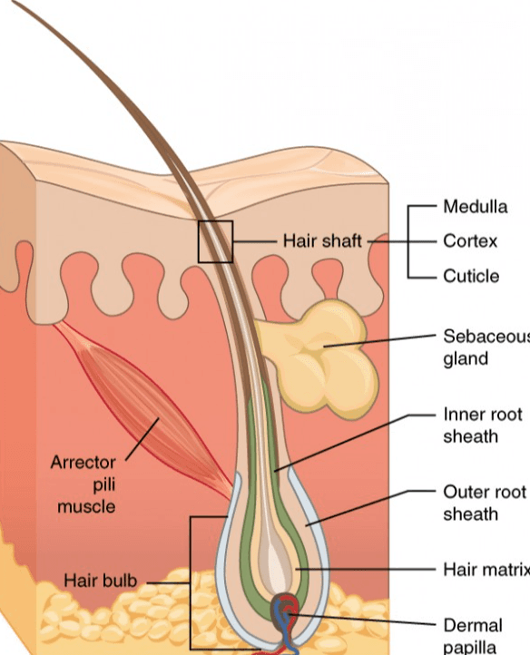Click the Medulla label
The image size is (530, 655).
coord(476,207)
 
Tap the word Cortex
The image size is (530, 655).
coord(470,241)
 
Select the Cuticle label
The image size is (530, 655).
coord(471,276)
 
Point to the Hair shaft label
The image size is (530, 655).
coord(322,241)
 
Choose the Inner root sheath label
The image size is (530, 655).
coord(483,425)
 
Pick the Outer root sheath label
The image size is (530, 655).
coord(485,503)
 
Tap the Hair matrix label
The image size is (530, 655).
coord(486,569)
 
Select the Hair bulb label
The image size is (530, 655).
coord(101,581)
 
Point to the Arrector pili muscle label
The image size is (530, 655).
coord(83,484)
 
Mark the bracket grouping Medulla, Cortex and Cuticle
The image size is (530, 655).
coord(408,241)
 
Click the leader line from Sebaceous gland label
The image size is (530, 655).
coord(380,340)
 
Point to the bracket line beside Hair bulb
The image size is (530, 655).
coord(191,585)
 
